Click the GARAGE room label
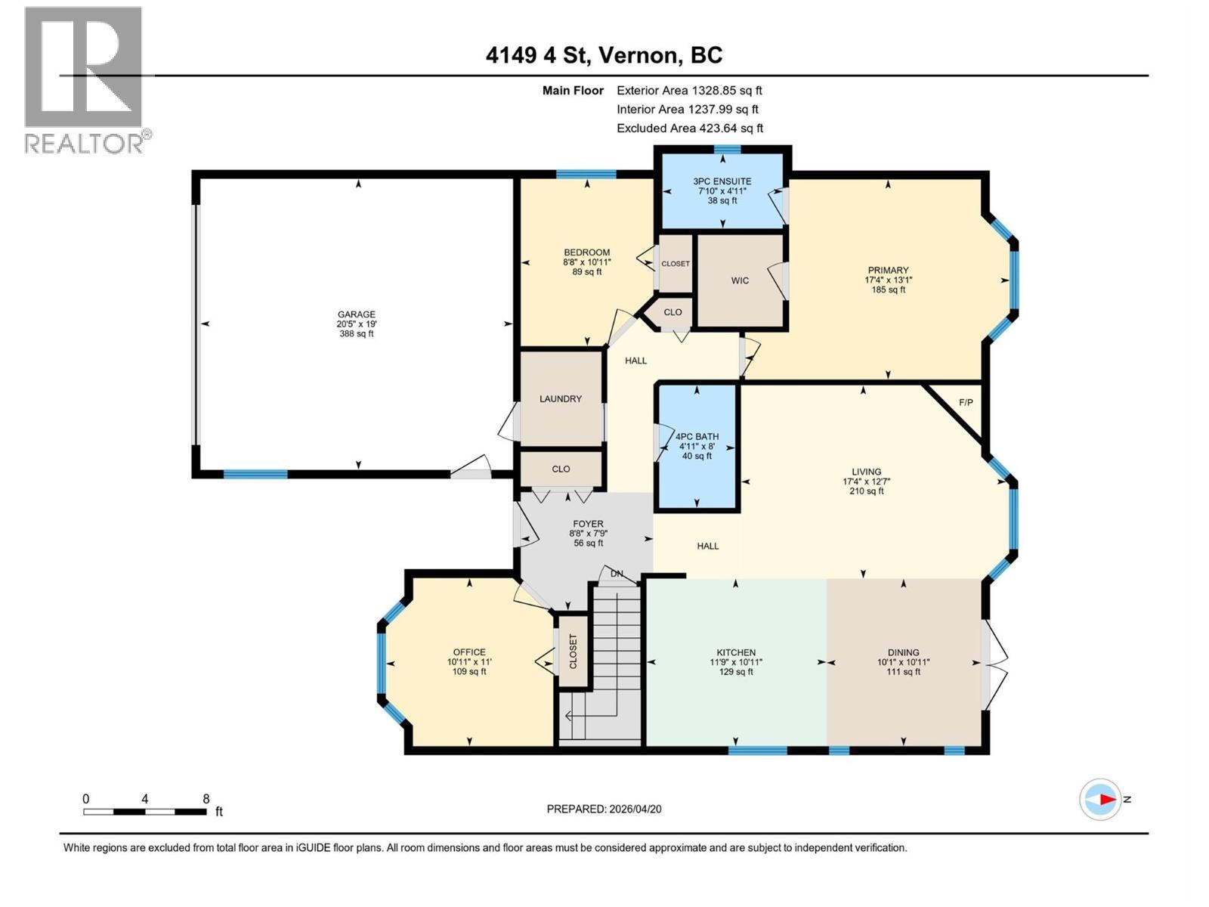point(357,314)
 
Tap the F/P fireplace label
point(966,402)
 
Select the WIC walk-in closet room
point(740,280)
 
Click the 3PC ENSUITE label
point(722,181)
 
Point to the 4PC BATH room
point(697,446)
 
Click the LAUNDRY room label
point(561,398)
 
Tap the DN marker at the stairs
point(617,574)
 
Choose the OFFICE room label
point(469,652)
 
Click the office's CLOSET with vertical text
point(573,651)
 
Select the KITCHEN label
point(736,652)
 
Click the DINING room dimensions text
point(904,662)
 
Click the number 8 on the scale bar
point(206,799)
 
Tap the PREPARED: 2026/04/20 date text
point(604,809)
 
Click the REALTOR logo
point(85,79)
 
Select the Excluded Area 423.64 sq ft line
point(689,128)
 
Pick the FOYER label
point(588,524)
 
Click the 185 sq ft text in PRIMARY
point(888,289)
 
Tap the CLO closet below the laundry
point(561,469)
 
